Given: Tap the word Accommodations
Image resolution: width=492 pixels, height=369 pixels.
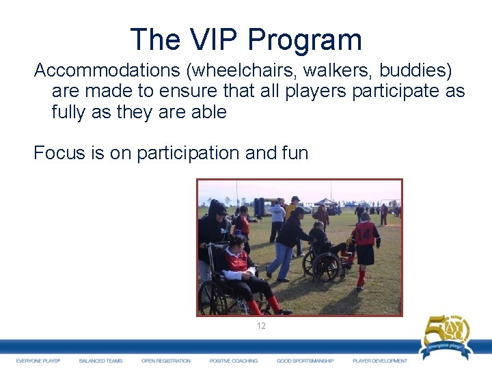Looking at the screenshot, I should (x=109, y=70).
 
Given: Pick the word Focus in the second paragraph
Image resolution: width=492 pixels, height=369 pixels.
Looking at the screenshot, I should (x=61, y=153).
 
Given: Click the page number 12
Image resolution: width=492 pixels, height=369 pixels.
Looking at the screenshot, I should (x=261, y=326).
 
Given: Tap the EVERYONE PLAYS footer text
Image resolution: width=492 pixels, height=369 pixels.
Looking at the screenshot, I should (x=38, y=361).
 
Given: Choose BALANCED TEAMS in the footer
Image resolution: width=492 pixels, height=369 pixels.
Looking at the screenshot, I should (x=100, y=361).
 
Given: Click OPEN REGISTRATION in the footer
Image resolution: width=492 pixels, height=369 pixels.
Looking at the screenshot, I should (x=166, y=361).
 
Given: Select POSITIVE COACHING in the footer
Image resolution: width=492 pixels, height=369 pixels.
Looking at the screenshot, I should (x=234, y=361).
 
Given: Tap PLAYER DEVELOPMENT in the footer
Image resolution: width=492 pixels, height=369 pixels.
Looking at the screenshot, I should (x=380, y=361).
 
